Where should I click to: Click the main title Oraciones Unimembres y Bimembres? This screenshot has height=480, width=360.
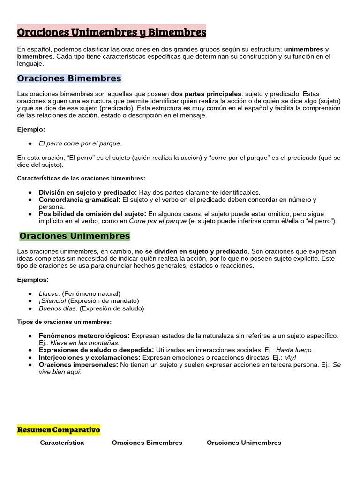112,33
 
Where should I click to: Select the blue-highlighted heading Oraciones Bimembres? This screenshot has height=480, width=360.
69,78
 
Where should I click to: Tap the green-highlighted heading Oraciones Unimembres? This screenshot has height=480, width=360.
75,236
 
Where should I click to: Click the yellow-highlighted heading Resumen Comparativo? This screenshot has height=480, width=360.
59,430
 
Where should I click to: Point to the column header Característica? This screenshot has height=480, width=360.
62,442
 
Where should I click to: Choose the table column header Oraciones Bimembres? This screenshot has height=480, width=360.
147,442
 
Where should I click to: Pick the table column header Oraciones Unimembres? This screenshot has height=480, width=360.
244,442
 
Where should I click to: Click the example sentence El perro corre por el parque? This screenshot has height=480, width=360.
80,143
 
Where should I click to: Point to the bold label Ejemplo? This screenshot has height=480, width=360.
31,129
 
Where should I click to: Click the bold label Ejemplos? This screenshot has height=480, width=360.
33,279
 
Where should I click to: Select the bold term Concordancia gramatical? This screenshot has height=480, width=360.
80,200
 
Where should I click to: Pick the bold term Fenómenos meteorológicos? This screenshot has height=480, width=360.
84,336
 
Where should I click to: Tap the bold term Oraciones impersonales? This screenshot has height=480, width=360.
78,365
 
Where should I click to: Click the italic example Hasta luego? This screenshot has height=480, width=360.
294,350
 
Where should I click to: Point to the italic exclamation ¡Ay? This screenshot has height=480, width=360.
290,357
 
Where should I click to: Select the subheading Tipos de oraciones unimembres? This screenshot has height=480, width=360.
64,322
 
